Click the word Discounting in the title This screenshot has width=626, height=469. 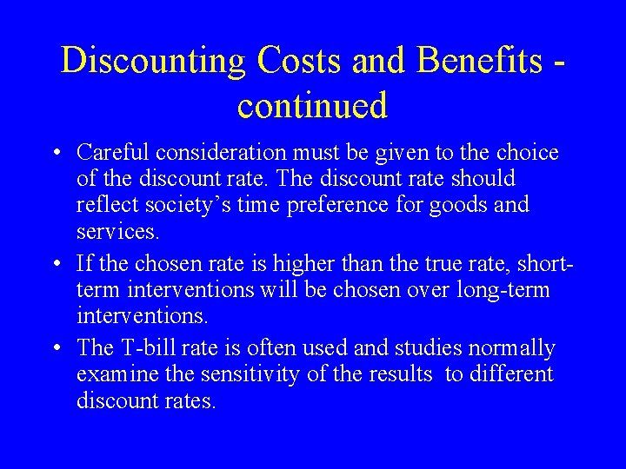(x=155, y=61)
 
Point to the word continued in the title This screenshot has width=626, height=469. (x=312, y=106)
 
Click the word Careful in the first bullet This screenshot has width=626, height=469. (x=114, y=153)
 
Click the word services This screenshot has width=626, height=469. (x=117, y=231)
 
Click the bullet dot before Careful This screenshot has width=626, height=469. (x=56, y=154)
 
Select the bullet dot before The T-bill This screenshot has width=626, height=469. (x=56, y=349)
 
